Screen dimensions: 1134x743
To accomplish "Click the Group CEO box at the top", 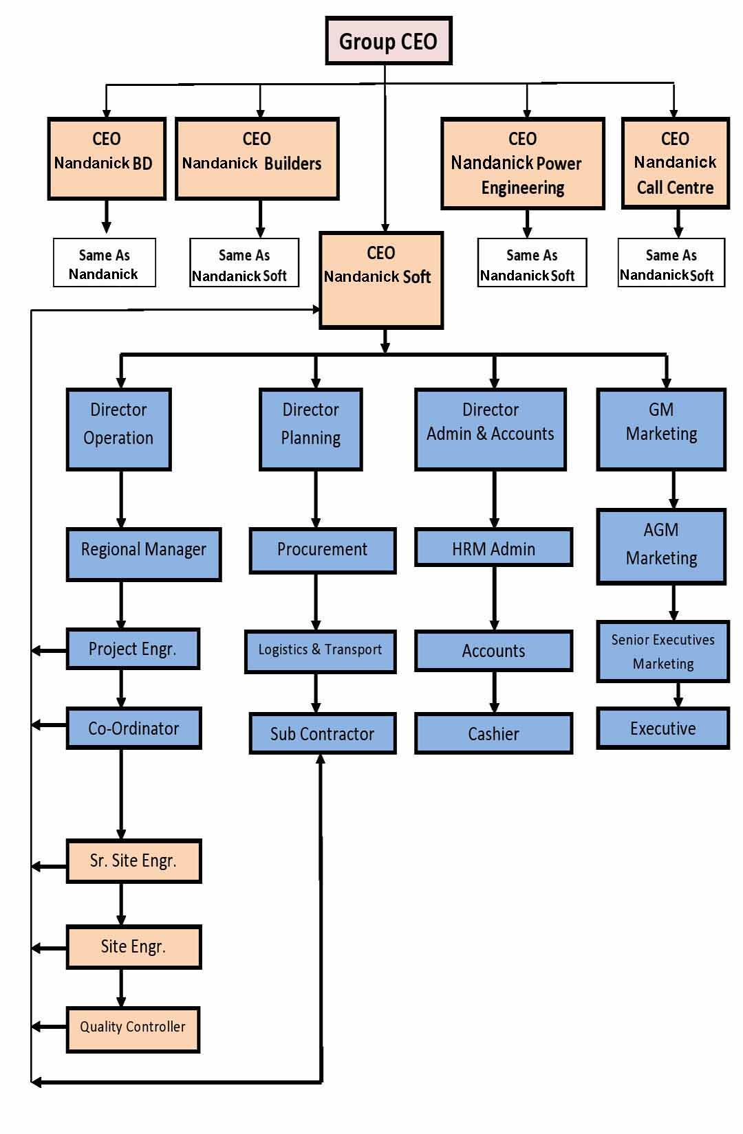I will pyautogui.click(x=388, y=41).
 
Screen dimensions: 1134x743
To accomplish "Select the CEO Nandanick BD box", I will pyautogui.click(x=107, y=159).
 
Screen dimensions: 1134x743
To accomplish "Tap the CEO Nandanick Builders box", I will pyautogui.click(x=257, y=159).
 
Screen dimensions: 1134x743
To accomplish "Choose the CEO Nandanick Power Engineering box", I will pyautogui.click(x=523, y=163).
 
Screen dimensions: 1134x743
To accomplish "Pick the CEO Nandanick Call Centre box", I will pyautogui.click(x=675, y=163).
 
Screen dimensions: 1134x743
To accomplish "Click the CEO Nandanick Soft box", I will pyautogui.click(x=381, y=280).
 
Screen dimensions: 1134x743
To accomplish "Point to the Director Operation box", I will pyautogui.click(x=118, y=429).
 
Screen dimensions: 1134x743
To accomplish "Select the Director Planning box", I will pyautogui.click(x=311, y=429).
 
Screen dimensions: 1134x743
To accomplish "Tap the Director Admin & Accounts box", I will pyautogui.click(x=491, y=429).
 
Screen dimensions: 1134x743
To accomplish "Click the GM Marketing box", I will pyautogui.click(x=661, y=429).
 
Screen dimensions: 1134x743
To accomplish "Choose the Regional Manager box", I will pyautogui.click(x=144, y=554).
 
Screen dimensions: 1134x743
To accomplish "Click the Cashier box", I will pyautogui.click(x=493, y=733).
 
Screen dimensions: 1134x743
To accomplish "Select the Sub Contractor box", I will pyautogui.click(x=322, y=733).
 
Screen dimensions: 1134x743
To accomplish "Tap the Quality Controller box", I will pyautogui.click(x=133, y=1030).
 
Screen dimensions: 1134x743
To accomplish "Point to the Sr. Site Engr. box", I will pyautogui.click(x=133, y=860).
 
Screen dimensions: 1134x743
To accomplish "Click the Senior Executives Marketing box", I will pyautogui.click(x=663, y=652).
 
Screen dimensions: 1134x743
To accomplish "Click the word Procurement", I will pyautogui.click(x=322, y=549).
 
